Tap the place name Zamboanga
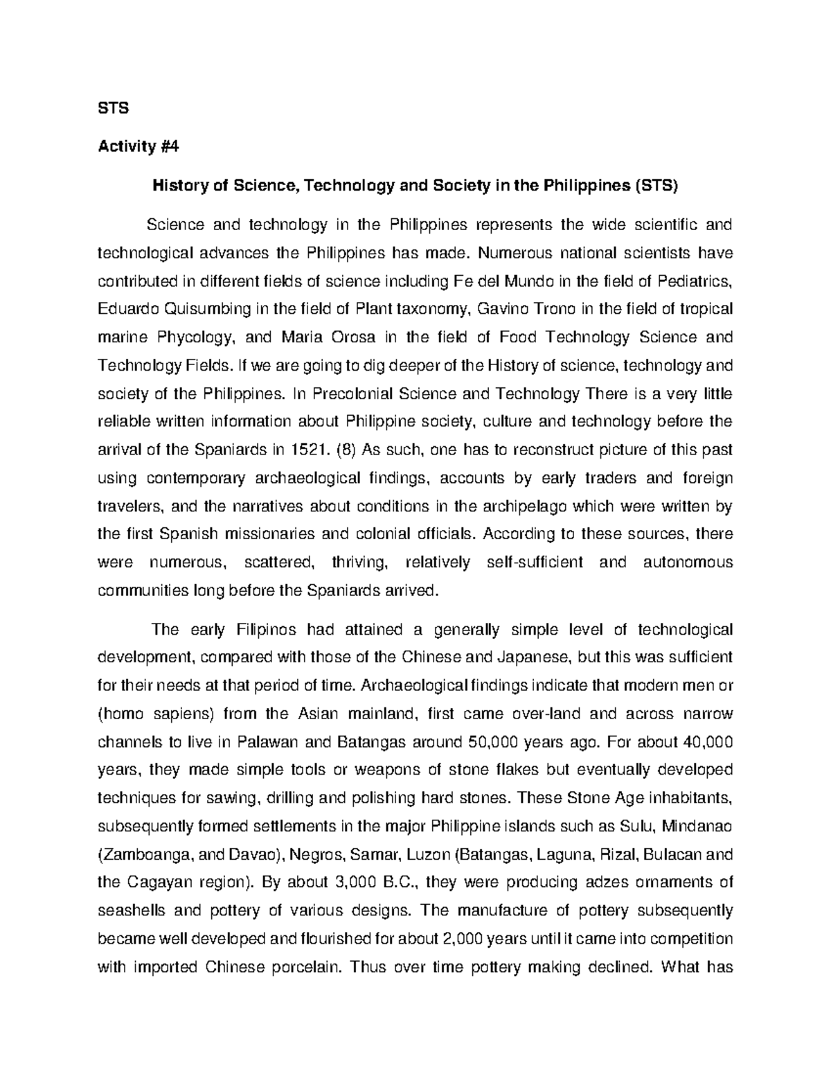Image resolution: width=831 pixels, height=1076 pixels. (146, 854)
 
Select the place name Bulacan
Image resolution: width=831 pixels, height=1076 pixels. (675, 854)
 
